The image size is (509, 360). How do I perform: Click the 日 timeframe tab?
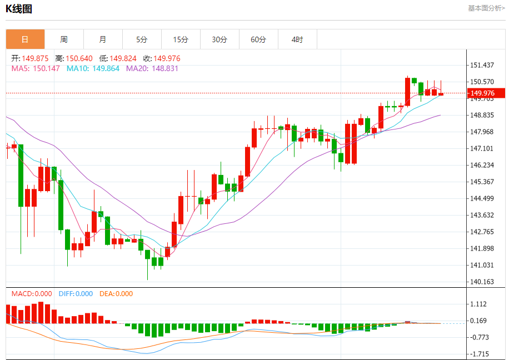coord(25,39)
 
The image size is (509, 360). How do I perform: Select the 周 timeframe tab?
coord(64,39)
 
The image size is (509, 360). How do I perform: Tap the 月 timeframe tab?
coord(103,39)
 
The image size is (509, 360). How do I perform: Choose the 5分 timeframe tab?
coord(142,39)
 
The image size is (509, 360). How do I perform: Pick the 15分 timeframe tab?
coord(181,39)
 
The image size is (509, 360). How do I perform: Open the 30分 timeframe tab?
coord(219,39)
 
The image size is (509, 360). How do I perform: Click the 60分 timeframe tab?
coord(258,39)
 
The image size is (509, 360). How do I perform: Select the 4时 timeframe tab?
coord(297,39)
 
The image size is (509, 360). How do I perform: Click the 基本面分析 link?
coord(486,8)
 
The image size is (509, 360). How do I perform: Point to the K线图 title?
coord(19,8)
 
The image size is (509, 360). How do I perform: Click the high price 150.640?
coord(79,58)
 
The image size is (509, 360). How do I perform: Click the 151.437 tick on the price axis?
coord(482,65)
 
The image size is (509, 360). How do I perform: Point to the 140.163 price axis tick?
coord(482,282)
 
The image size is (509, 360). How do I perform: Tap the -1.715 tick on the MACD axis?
coord(481,354)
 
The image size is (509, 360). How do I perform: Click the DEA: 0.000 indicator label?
coord(116,294)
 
